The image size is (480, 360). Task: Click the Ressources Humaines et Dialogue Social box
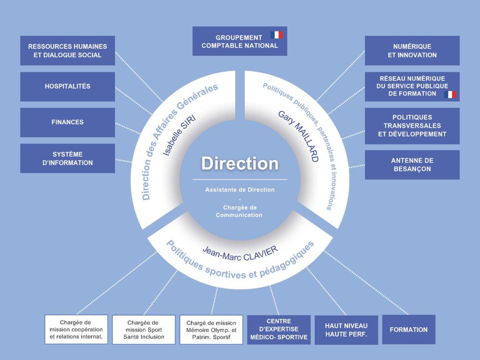point(67,51)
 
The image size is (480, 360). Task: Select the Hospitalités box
point(67,86)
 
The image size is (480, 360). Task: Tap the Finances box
point(67,122)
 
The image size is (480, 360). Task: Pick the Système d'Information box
point(67,158)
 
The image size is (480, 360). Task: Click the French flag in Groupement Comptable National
point(277,35)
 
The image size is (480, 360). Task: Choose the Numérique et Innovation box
point(412,51)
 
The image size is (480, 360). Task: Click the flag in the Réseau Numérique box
point(450,94)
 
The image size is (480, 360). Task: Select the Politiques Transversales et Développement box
point(412,126)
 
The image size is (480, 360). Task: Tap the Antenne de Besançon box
point(412,165)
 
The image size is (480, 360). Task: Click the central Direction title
point(240,164)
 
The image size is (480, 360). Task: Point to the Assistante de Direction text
point(240,190)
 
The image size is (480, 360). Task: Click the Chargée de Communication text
point(239,211)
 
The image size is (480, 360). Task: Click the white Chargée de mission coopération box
point(76,330)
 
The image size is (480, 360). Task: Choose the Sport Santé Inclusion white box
point(143,330)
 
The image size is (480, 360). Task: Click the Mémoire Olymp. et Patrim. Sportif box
point(211,330)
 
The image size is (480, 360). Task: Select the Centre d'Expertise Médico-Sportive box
point(278,330)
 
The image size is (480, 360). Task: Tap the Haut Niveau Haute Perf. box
point(346,330)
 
